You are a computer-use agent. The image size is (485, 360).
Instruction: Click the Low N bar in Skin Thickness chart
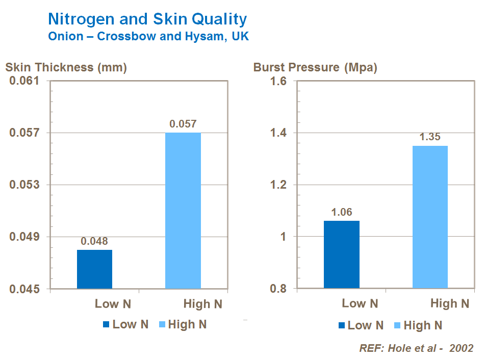point(94,269)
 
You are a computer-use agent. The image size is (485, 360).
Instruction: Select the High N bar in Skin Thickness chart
point(183,211)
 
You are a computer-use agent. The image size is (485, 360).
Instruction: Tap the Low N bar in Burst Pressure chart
point(341,254)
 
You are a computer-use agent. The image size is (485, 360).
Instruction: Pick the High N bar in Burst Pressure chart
point(430,217)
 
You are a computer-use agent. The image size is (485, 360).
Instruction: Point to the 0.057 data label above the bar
point(183,124)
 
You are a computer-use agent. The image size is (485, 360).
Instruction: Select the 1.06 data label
point(342,212)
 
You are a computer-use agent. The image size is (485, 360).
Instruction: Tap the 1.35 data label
point(430,137)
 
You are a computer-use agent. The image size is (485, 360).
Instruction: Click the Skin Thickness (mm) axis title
point(66,67)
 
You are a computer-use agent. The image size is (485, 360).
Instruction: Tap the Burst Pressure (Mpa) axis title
point(315,67)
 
